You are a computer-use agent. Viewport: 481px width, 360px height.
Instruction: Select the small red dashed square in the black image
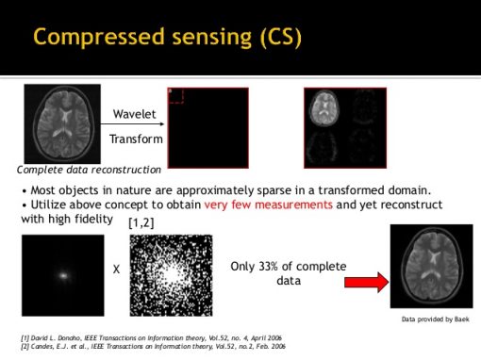[x=174, y=95]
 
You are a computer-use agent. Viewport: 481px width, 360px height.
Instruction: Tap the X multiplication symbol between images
[x=116, y=269]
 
